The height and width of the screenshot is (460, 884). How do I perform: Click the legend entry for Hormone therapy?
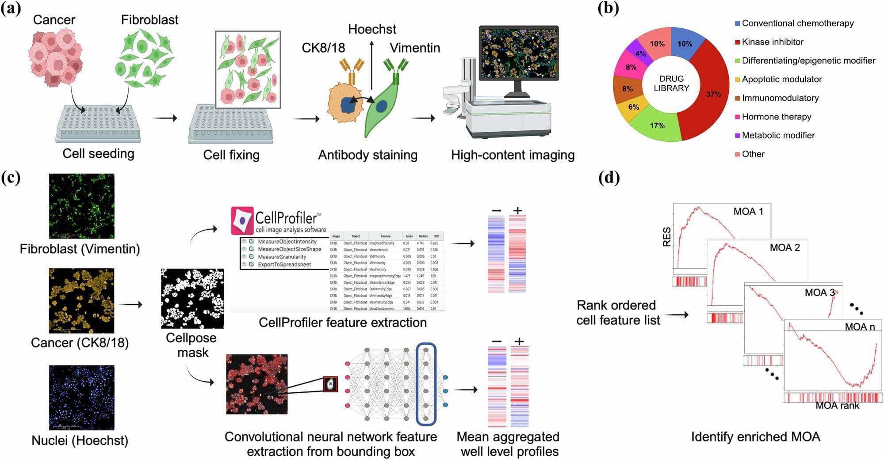tap(776, 117)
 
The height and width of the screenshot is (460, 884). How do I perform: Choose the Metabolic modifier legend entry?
tap(778, 135)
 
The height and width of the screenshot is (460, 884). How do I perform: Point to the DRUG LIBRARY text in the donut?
tap(671, 84)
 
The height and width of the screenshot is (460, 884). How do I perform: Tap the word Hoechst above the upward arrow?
tap(372, 29)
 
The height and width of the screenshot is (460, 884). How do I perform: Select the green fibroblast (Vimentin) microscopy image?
tap(81, 206)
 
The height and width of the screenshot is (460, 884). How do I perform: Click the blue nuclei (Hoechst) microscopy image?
tap(81, 397)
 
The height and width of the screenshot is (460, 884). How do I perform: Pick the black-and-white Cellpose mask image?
tap(192, 298)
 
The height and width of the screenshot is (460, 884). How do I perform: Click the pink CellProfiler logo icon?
tap(242, 220)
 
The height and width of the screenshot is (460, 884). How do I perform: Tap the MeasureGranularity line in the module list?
tap(282, 257)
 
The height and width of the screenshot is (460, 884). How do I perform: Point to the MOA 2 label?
tap(785, 247)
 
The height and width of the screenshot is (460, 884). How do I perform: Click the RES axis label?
tap(666, 237)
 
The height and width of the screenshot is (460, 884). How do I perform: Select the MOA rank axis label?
tap(837, 406)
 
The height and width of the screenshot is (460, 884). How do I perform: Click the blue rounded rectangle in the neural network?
tap(426, 384)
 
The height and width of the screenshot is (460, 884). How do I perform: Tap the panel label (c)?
tap(11, 178)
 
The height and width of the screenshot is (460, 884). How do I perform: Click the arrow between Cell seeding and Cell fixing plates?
tap(165, 118)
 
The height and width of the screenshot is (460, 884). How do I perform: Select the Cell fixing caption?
tap(231, 155)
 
